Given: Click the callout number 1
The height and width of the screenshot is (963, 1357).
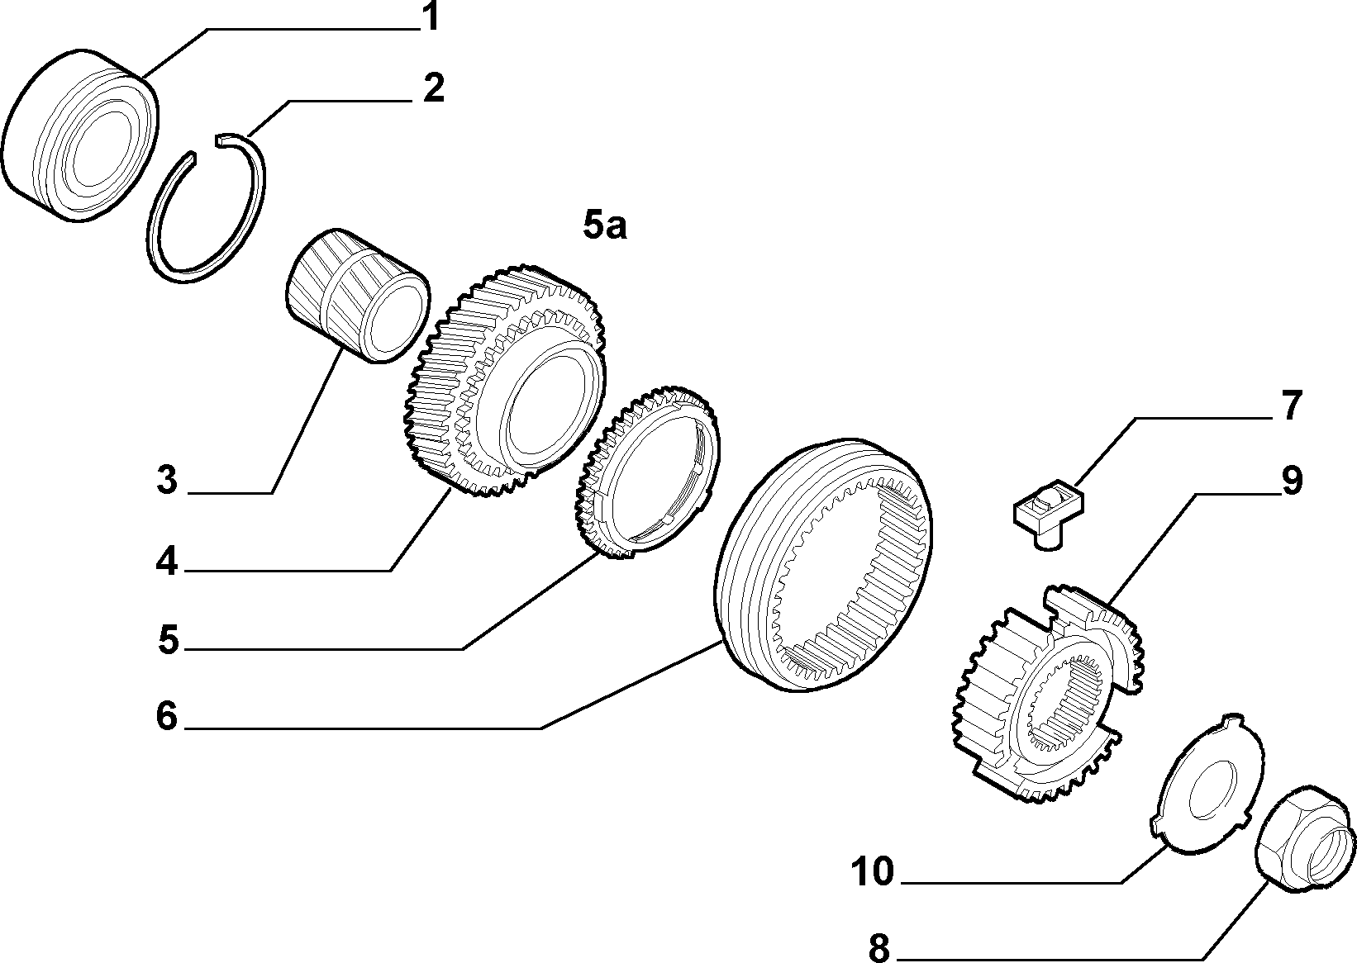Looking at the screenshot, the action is [x=430, y=17].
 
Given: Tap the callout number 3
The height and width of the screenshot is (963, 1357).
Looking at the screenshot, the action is [x=167, y=481].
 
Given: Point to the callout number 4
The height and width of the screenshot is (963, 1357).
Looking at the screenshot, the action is [x=167, y=562].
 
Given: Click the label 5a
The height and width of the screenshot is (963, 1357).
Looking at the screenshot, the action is [x=605, y=225].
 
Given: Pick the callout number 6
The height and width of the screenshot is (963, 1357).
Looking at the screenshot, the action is [x=167, y=716].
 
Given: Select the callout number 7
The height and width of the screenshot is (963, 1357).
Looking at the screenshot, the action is [x=1291, y=406].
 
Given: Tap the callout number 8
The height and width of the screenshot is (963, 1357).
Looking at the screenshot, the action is [x=879, y=948].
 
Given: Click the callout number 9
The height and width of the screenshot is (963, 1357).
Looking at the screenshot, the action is [x=1293, y=481].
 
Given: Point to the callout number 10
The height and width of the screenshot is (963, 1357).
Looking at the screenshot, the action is [x=873, y=871].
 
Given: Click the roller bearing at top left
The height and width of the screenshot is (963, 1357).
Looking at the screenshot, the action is [x=80, y=135].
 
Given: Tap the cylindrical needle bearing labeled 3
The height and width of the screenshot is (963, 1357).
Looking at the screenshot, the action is [x=357, y=296].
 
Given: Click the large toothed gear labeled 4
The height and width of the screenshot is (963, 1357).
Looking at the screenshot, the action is [x=505, y=381].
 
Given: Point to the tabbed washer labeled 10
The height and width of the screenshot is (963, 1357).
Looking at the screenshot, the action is [x=1208, y=784].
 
